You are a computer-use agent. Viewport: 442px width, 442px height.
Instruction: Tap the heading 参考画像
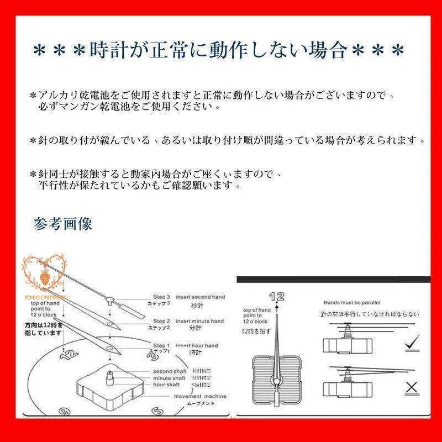(x=62, y=224)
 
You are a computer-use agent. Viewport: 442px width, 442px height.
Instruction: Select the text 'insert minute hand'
(x=199, y=321)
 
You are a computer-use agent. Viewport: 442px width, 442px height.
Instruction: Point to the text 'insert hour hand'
(x=197, y=345)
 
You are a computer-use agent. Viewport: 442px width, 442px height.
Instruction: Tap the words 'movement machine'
(x=200, y=397)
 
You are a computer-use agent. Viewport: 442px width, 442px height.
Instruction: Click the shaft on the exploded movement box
(x=109, y=378)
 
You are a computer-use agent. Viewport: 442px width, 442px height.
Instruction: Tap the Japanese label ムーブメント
(x=199, y=404)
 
